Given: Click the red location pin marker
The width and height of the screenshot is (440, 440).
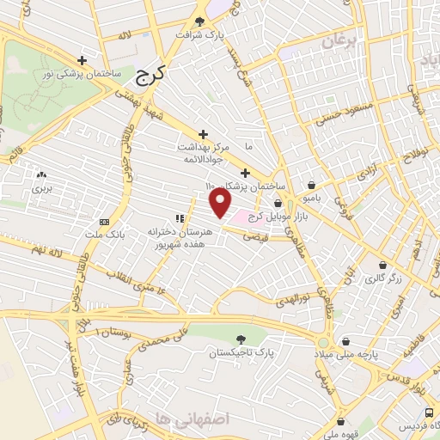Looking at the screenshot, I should [221, 204].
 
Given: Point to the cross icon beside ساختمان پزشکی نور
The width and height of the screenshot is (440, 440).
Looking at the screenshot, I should [82, 60].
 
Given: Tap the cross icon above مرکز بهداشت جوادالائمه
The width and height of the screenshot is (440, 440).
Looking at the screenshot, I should [203, 134].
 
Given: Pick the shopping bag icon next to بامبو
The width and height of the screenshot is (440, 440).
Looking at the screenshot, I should [310, 185].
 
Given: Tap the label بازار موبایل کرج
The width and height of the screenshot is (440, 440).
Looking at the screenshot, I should [268, 216].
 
